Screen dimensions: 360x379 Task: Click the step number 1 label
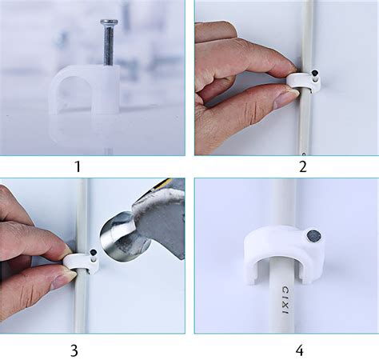[x=78, y=167]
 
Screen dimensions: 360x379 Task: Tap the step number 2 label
[x=303, y=167]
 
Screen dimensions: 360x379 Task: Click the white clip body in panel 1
[x=84, y=92]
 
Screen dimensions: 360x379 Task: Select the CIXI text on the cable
[x=285, y=300]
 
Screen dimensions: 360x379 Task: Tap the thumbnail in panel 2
[x=285, y=98]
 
